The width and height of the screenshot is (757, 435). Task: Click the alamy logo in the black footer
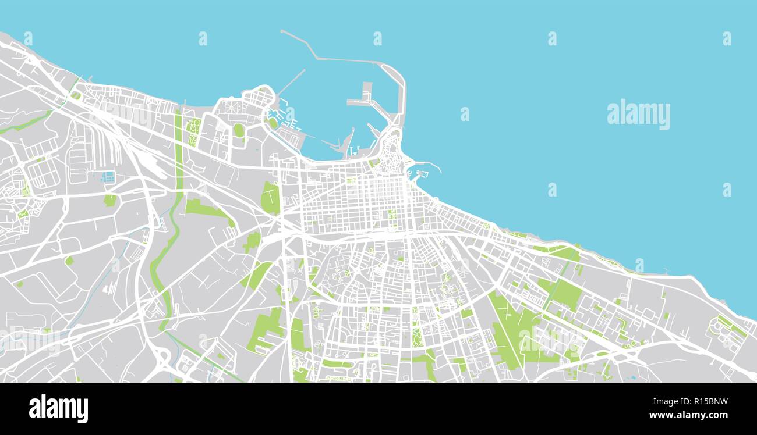(x=58, y=408)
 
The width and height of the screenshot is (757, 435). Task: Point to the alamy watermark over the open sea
(x=638, y=114)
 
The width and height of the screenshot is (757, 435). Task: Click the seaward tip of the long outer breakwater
(x=282, y=31)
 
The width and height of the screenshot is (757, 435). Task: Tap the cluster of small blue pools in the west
(x=108, y=176)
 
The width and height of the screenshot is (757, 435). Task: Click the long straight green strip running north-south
(x=178, y=151)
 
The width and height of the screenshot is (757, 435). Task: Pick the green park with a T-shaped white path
(x=270, y=198)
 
